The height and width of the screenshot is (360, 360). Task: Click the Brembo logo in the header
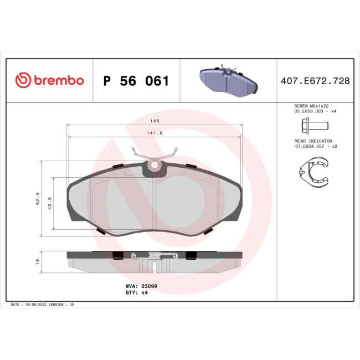pyautogui.click(x=49, y=80)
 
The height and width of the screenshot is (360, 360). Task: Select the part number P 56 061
pyautogui.click(x=136, y=81)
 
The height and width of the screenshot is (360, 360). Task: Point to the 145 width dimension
pyautogui.click(x=155, y=121)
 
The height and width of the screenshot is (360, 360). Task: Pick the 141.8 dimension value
pyautogui.click(x=155, y=133)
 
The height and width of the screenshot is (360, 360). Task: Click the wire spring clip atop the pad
pyautogui.click(x=155, y=153)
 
